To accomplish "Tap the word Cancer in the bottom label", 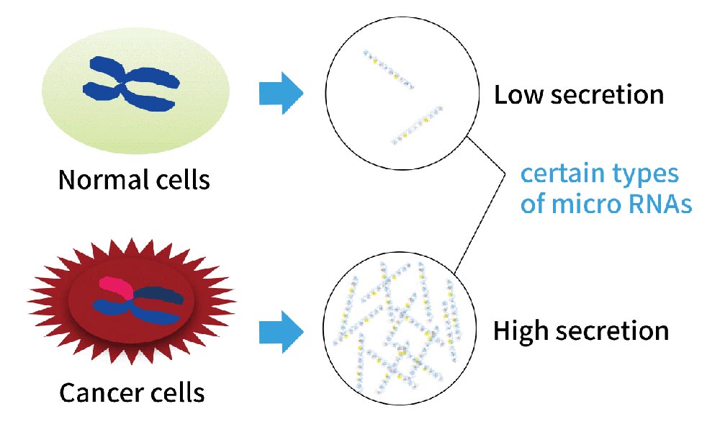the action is pos(96,393).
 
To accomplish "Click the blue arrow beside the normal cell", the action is pos(281,93).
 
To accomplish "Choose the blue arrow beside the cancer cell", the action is pos(281,331).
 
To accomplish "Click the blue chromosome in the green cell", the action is pos(131,84).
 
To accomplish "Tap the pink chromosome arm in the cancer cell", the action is pos(115,287).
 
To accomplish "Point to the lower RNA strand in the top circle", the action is pos(417,125).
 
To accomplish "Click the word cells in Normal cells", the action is pos(183,179).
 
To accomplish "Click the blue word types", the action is pos(645,175).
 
